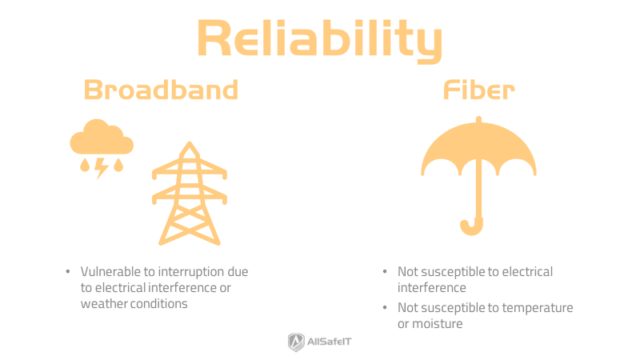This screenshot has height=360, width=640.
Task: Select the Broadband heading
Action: tap(161, 90)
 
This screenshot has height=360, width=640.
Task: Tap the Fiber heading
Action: tap(478, 90)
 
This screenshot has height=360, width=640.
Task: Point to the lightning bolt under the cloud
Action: tap(102, 167)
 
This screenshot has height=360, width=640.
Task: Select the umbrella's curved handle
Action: tap(471, 226)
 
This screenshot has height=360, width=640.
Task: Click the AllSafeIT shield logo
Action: tap(296, 342)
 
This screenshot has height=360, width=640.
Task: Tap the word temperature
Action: tap(535, 308)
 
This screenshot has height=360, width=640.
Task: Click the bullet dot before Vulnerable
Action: tap(68, 272)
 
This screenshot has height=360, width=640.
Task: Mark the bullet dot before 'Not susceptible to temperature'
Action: tap(385, 308)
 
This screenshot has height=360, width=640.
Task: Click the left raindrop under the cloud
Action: tap(84, 166)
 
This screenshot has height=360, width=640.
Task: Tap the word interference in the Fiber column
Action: tap(432, 287)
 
